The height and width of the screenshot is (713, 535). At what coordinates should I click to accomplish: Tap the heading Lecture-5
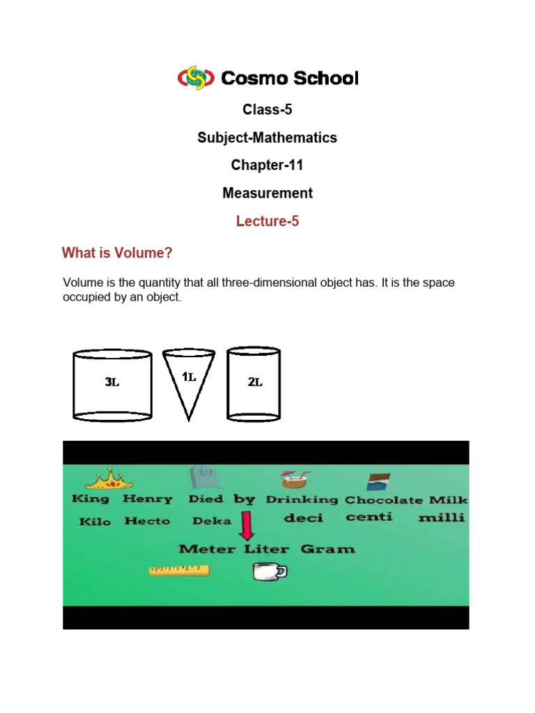click(267, 221)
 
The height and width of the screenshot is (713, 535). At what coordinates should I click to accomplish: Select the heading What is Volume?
click(117, 253)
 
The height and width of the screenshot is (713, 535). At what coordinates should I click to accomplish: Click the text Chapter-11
click(267, 166)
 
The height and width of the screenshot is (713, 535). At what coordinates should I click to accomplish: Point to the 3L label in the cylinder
click(111, 382)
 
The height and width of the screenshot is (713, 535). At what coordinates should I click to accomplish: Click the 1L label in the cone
click(189, 377)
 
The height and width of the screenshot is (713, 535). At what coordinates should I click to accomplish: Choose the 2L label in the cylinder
click(255, 382)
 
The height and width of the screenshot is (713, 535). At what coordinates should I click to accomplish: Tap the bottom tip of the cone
click(189, 419)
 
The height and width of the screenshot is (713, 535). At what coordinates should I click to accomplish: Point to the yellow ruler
click(179, 571)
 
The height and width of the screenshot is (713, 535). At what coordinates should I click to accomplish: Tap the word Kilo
click(94, 522)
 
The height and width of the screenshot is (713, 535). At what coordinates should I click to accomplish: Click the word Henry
click(147, 499)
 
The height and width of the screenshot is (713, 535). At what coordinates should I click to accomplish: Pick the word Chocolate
click(383, 500)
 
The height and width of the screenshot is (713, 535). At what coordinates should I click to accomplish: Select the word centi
click(369, 517)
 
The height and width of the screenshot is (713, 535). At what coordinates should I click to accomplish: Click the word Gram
click(327, 549)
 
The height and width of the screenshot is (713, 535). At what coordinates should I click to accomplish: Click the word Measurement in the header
click(267, 194)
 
